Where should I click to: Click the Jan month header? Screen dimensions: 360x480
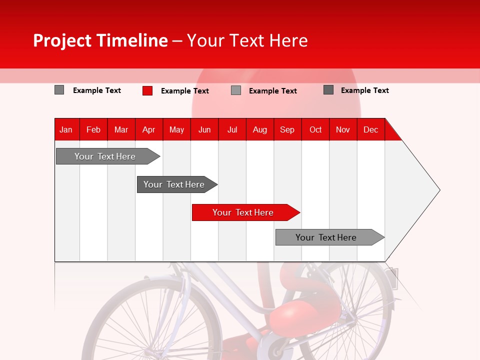[x=66, y=129]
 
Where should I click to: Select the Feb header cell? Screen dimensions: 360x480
[x=93, y=129]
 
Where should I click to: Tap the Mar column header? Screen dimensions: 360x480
[x=121, y=129]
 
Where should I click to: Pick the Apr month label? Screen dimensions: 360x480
[x=148, y=129]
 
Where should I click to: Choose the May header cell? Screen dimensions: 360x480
[x=176, y=129]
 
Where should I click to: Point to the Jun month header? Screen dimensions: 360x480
[x=204, y=129]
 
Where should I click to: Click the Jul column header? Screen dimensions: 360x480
[x=232, y=129]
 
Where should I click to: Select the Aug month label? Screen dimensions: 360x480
[x=260, y=129]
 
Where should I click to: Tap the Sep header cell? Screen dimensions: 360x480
[x=287, y=129]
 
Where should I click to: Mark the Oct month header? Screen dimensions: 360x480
[x=315, y=129]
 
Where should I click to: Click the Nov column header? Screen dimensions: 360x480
[x=343, y=129]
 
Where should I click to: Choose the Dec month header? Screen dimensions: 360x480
[x=371, y=129]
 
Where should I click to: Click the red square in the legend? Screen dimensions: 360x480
[x=147, y=90]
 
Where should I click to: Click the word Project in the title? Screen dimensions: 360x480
[x=62, y=40]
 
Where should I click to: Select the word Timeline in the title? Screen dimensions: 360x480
[x=132, y=40]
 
